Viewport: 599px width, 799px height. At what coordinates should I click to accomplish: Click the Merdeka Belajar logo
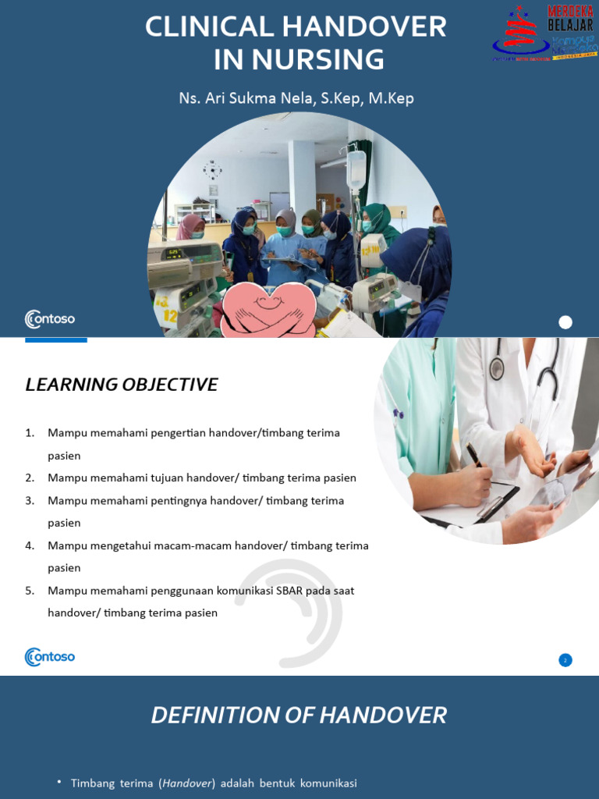pyautogui.click(x=544, y=33)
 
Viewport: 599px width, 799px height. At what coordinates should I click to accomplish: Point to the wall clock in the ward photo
pyautogui.click(x=212, y=169)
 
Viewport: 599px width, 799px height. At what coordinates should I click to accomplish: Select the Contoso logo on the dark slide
pyautogui.click(x=50, y=318)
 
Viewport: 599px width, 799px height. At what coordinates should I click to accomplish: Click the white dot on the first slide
pyautogui.click(x=565, y=322)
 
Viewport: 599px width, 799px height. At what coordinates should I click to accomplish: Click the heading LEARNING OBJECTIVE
pyautogui.click(x=122, y=385)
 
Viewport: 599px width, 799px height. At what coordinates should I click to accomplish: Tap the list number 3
pyautogui.click(x=30, y=500)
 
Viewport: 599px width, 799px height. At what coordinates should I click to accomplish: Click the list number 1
pyautogui.click(x=30, y=432)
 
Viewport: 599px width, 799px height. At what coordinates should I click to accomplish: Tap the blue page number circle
pyautogui.click(x=565, y=660)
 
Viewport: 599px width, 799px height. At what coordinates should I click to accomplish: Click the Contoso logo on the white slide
pyautogui.click(x=50, y=656)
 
